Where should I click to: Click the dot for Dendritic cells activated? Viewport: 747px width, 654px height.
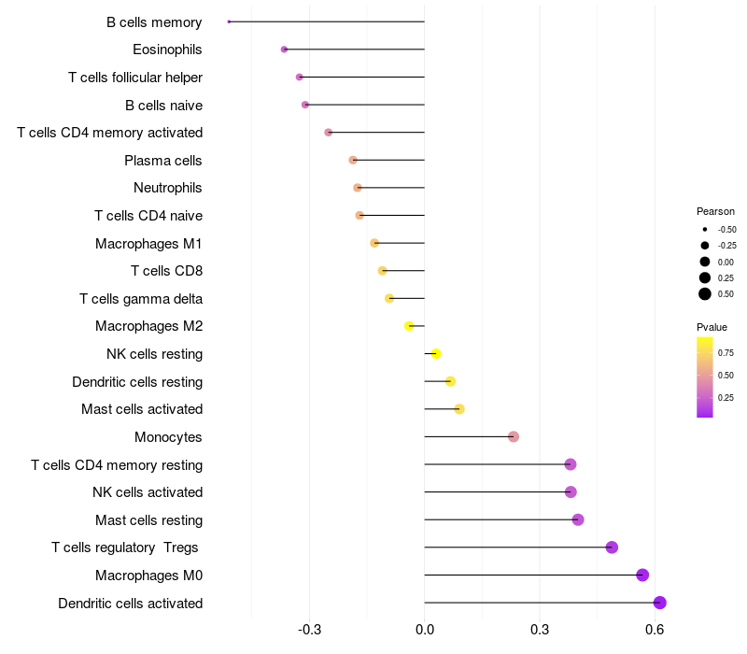660,603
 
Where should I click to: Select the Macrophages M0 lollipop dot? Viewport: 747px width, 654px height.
642,575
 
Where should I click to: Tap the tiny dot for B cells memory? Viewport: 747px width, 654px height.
229,21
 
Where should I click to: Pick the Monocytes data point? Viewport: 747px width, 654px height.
514,436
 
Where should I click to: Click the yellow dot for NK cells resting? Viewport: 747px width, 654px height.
436,353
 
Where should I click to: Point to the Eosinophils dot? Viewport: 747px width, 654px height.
284,50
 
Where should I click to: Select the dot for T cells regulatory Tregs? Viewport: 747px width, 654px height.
612,547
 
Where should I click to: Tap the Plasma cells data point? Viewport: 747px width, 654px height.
353,160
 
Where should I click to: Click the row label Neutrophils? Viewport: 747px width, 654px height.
168,188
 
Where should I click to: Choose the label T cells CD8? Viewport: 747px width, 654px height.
167,271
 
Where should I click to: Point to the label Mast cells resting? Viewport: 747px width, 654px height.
148,519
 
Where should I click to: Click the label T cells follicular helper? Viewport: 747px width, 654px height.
135,77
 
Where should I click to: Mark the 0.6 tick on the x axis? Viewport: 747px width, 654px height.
655,630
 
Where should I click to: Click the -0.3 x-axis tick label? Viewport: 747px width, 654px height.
310,630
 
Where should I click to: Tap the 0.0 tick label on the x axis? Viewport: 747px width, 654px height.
425,630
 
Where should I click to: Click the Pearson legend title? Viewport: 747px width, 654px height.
715,211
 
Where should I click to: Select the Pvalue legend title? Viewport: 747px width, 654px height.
712,327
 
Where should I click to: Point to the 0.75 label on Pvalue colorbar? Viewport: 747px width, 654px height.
726,352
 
